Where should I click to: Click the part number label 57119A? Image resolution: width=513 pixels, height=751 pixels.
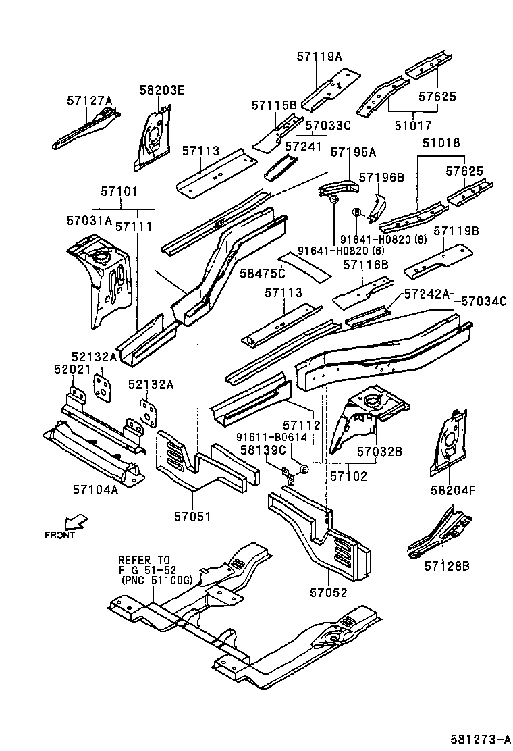pos(319,57)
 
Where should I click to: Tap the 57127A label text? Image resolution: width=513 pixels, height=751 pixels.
pos(89,101)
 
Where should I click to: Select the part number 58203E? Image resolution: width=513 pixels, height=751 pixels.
pos(162,89)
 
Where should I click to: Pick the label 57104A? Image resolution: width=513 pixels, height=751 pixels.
pos(96,490)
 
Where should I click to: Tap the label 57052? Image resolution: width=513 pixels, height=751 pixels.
pos(329,593)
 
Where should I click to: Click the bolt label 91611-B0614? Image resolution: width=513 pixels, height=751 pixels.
pos(271,437)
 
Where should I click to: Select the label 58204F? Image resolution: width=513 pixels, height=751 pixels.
pos(453,490)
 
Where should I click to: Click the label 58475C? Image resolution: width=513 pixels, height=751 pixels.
pos(263,272)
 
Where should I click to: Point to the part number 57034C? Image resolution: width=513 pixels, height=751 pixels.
pos(483,301)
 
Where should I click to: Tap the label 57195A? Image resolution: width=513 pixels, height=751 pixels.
pos(353,153)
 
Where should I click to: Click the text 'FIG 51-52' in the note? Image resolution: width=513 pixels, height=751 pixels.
pos(143,569)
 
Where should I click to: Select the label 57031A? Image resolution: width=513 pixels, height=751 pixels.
pos(89,220)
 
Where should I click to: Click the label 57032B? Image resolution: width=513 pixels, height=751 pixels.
pos(379,451)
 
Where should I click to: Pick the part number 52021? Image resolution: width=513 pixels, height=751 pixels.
pos(71,369)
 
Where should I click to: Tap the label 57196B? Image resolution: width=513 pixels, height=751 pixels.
pos(381,177)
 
